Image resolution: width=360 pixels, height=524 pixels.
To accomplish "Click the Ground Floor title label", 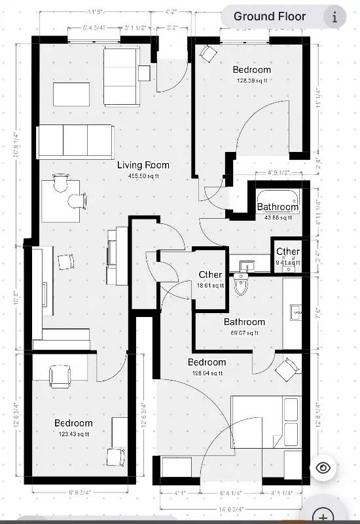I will click(x=270, y=16).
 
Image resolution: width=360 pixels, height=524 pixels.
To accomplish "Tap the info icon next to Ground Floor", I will click(x=334, y=17).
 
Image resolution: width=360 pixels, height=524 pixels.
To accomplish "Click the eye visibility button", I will click(x=323, y=468).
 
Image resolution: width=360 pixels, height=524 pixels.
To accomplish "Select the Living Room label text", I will click(x=143, y=166).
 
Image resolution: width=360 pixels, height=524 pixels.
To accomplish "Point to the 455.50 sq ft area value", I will click(x=143, y=176).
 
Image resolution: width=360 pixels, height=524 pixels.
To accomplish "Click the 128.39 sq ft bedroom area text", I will click(x=252, y=81).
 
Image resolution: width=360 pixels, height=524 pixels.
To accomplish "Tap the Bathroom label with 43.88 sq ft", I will click(x=278, y=207).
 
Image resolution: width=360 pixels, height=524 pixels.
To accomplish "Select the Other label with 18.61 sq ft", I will click(x=210, y=275).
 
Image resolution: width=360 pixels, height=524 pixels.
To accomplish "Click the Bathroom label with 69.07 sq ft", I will click(x=244, y=322).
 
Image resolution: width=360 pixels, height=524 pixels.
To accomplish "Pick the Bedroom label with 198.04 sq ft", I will click(x=207, y=362).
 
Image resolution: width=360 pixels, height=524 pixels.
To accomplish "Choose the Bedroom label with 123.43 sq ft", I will click(x=73, y=423).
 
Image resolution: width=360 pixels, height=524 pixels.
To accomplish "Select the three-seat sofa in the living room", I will click(x=75, y=141).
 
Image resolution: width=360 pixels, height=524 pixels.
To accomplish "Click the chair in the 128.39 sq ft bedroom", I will click(x=209, y=54).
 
